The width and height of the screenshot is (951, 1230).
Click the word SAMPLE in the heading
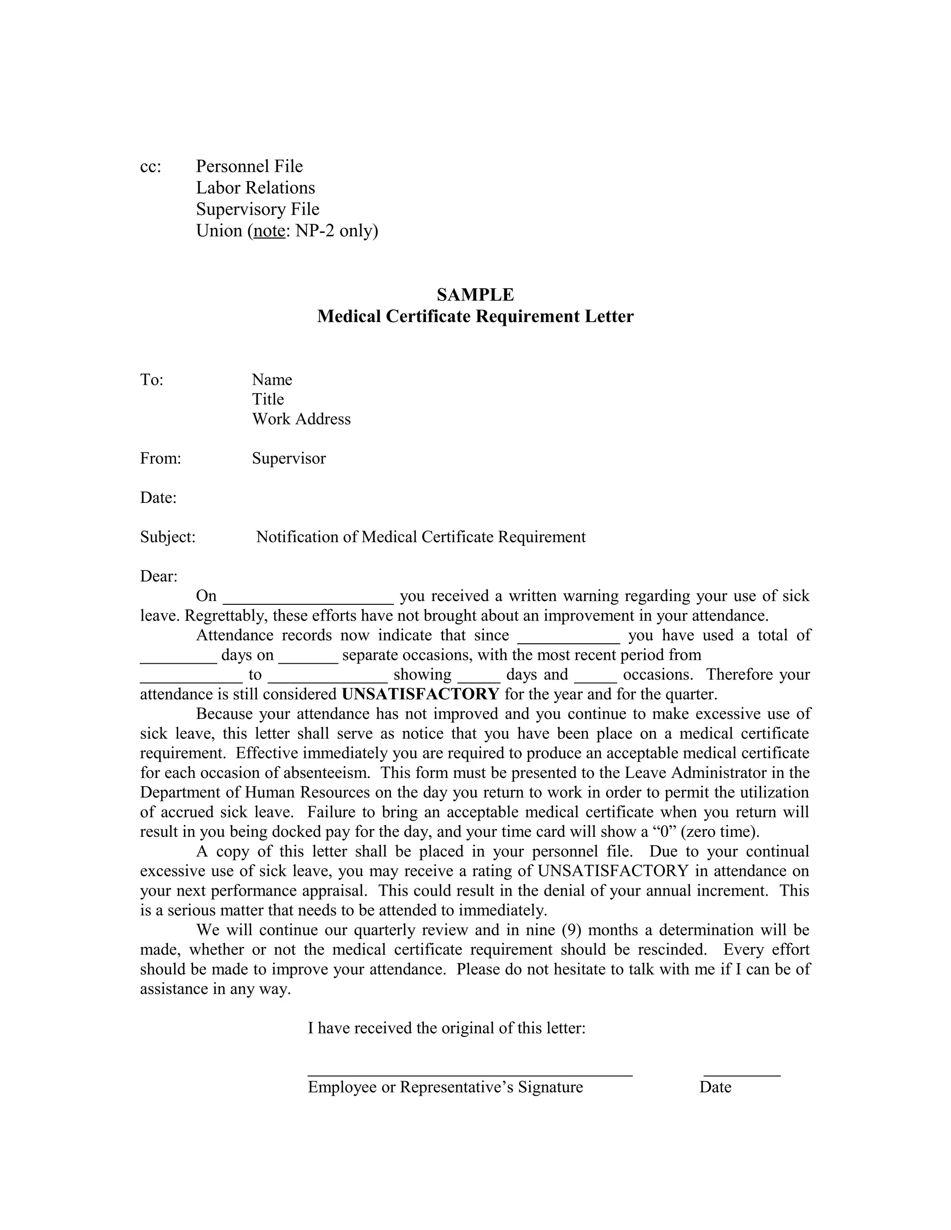click(475, 295)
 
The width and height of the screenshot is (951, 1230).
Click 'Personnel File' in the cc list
click(249, 166)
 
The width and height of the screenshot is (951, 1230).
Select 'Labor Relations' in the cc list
click(255, 188)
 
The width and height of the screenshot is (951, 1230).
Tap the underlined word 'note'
click(269, 231)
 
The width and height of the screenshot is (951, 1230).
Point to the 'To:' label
click(151, 380)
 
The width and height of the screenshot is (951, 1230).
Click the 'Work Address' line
click(301, 419)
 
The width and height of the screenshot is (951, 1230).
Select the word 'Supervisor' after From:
click(288, 459)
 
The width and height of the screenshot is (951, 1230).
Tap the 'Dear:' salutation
click(158, 576)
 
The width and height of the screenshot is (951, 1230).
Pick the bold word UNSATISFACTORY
click(420, 694)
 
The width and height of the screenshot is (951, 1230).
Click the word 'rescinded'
click(671, 950)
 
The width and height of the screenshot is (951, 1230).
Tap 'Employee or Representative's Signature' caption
click(445, 1088)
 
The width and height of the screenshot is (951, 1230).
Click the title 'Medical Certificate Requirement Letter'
click(475, 317)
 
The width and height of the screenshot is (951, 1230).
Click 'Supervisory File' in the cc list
click(257, 209)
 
